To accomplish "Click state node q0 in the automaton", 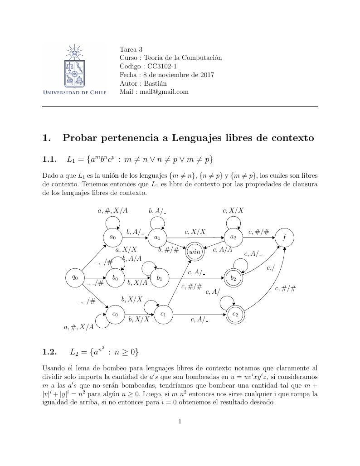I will point(75,277).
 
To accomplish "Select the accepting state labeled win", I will point(195,252).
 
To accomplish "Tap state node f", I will point(284,237).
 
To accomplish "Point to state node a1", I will point(157,237).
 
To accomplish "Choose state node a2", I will point(233,237).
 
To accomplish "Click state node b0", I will point(115,278).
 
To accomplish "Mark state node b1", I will point(160,278).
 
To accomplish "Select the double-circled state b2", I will point(233,278).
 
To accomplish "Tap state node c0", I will point(115,314).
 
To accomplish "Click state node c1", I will point(164,314).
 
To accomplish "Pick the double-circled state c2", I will point(235,314).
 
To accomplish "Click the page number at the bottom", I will point(180,421).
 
